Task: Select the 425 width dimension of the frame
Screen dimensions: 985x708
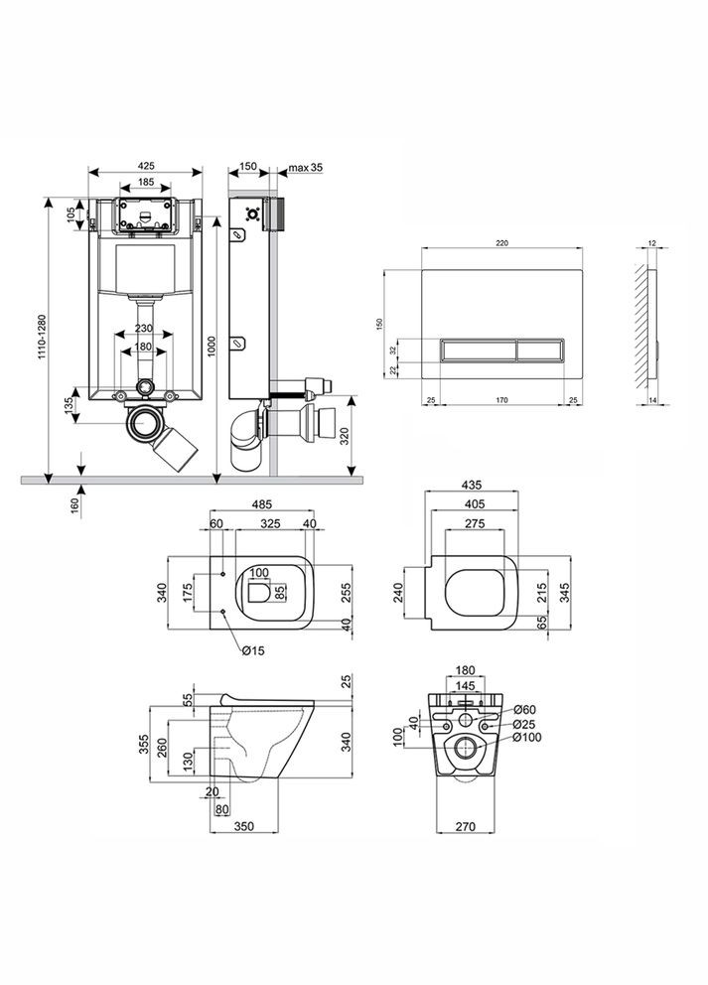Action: (146, 166)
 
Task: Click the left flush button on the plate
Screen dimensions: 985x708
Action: (478, 351)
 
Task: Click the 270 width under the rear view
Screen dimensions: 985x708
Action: (474, 824)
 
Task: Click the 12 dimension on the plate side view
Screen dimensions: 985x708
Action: (651, 243)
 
